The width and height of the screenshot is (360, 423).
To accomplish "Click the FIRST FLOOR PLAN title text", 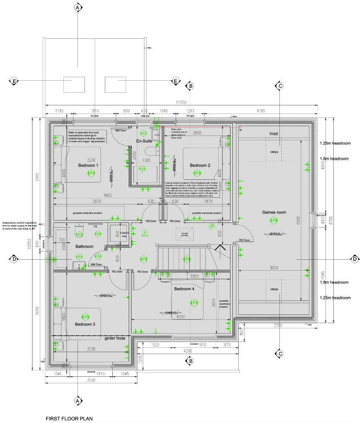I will (69, 419).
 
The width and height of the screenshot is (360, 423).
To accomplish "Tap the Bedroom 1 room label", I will (88, 166).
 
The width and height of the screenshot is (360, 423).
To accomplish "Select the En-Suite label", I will (144, 141).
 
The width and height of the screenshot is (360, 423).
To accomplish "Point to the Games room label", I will (274, 212).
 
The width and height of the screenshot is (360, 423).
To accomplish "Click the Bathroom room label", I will (85, 246).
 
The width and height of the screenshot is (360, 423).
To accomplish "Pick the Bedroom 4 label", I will (184, 289).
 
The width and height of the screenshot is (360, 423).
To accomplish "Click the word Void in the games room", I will (274, 134).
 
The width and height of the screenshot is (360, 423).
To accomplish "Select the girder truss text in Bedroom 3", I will (115, 338).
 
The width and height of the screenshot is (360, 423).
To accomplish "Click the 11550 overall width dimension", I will (181, 102).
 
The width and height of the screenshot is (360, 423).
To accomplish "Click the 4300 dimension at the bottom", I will (188, 351).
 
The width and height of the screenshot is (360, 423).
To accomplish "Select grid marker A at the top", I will (77, 7).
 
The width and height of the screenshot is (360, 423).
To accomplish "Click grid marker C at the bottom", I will (279, 354).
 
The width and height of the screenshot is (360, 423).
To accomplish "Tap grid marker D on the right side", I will (355, 259).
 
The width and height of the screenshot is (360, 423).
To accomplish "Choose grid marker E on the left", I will (14, 81).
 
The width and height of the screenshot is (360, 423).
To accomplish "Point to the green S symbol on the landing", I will (144, 233).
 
